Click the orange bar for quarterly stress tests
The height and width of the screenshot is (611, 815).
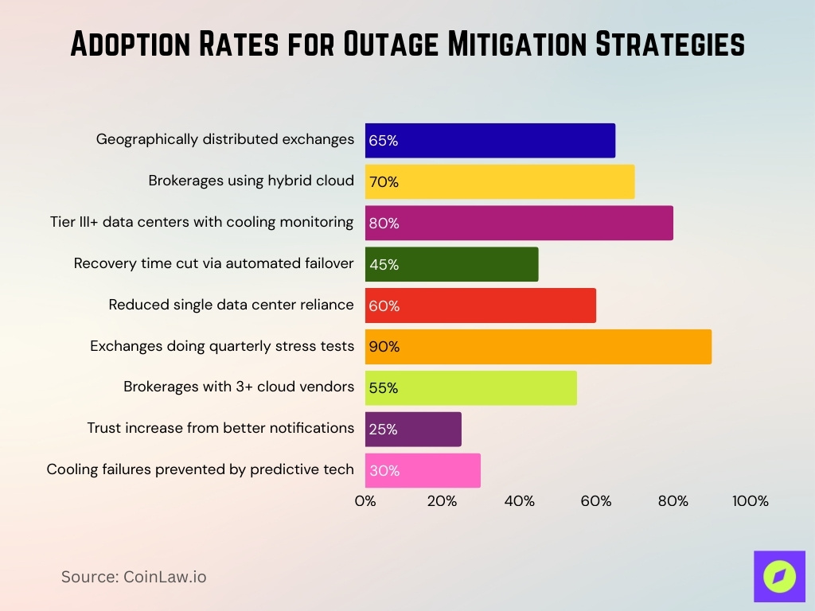tap(538, 347)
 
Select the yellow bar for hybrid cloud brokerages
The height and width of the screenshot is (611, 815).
tap(500, 181)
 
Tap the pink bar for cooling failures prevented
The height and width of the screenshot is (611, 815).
tap(423, 470)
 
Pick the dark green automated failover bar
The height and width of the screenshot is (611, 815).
tap(451, 264)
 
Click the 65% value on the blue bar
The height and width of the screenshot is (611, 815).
tap(383, 141)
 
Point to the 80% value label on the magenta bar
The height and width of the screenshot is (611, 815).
tap(384, 224)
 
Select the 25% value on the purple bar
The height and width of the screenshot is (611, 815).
tap(383, 430)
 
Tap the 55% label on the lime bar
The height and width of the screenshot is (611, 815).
tap(383, 388)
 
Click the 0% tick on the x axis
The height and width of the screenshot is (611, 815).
tap(365, 501)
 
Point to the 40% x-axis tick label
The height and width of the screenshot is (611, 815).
tap(519, 501)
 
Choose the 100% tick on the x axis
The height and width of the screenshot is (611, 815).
tap(750, 501)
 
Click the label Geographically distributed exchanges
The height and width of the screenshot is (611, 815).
tap(225, 139)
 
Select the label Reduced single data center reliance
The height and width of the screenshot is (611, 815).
tap(231, 305)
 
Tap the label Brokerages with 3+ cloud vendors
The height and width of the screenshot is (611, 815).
tap(239, 387)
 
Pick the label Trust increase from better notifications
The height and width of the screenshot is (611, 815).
tap(220, 428)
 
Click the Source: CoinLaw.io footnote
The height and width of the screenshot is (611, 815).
tap(134, 577)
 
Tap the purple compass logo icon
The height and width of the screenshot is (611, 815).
tap(779, 576)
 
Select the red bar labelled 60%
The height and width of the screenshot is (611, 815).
tap(481, 305)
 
